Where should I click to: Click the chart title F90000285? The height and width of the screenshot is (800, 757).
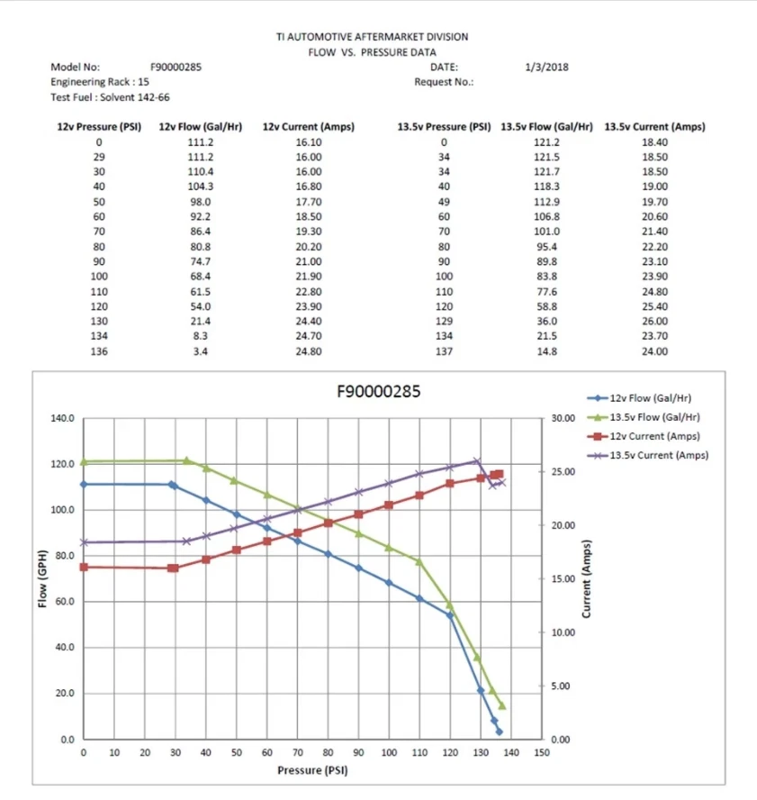pos(377,392)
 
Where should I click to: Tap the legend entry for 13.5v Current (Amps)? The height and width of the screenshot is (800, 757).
pos(659,455)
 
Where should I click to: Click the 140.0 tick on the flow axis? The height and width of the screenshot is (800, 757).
pos(63,419)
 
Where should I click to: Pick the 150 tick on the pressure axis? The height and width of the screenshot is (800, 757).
pos(541,752)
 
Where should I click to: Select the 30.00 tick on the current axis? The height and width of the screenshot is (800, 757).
pos(563,419)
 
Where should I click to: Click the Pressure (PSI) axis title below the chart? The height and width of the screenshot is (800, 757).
pos(312,771)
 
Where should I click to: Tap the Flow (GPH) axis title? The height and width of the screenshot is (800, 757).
pos(42,578)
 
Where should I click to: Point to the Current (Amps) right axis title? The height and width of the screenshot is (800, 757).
pos(586,579)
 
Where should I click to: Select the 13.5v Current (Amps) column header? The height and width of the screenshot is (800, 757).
pos(654,127)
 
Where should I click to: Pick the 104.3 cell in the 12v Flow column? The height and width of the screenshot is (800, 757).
pos(200,186)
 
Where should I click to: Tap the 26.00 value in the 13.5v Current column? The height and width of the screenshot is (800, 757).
pos(654,322)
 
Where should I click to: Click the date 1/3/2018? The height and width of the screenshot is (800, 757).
pos(545,67)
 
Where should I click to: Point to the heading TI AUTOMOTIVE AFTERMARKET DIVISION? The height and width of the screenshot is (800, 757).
pos(372,37)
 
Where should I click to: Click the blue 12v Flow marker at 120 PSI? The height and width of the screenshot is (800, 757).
pos(450,615)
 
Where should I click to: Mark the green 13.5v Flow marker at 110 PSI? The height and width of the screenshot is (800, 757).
pos(419,561)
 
